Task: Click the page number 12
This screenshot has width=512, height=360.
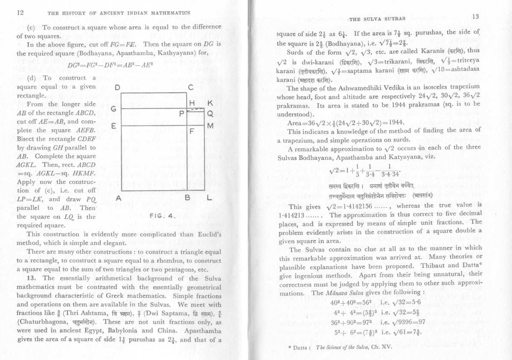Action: [19, 12]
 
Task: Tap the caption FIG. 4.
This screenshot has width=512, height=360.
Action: [160, 216]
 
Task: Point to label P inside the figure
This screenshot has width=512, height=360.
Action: [182, 114]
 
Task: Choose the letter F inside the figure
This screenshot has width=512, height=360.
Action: [192, 132]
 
